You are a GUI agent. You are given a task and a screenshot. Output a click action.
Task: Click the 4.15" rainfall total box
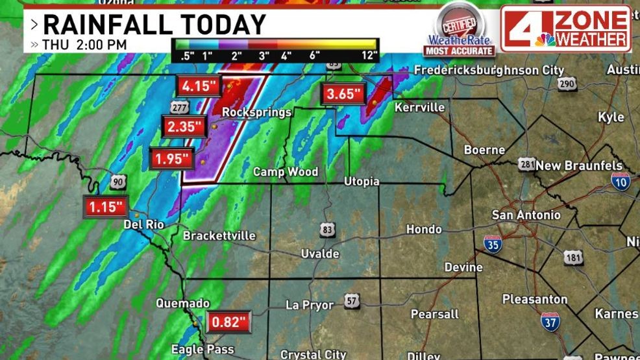point(201,86)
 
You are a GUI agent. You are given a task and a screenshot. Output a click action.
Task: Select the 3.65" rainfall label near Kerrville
point(343,94)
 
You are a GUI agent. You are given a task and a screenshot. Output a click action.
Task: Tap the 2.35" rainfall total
point(184,126)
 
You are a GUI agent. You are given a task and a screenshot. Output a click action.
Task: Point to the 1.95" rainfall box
point(172,158)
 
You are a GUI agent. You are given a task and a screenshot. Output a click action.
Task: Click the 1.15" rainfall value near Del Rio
point(106,207)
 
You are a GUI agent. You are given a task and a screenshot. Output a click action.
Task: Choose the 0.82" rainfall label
point(228,321)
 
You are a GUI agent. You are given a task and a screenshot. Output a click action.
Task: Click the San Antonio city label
point(526,215)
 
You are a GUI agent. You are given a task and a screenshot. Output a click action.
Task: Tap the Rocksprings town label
point(256,112)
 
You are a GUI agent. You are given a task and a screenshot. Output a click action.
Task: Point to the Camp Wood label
point(285,171)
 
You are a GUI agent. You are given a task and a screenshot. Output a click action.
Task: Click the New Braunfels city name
point(579,165)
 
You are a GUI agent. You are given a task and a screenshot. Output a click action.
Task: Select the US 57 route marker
point(352,302)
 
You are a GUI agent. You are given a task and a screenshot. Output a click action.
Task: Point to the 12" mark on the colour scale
point(369,55)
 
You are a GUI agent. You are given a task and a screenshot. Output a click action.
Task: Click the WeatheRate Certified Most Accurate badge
point(460,29)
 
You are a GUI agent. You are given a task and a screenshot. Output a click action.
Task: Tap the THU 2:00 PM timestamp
point(84,45)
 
